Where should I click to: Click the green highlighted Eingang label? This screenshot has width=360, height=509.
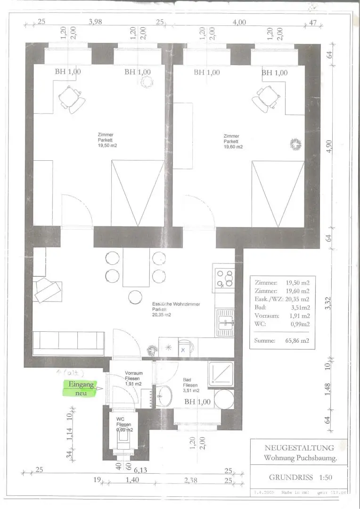coord(82,385)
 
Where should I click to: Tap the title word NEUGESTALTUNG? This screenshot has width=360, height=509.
coord(298,448)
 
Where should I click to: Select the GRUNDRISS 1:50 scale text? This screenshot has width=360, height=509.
coord(300,477)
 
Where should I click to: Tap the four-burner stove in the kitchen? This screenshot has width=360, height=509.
coord(225,279)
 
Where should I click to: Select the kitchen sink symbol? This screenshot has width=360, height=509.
coord(225,322)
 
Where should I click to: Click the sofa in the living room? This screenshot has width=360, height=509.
coord(69,343)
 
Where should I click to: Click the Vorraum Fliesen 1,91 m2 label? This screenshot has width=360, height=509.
coord(134,378)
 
